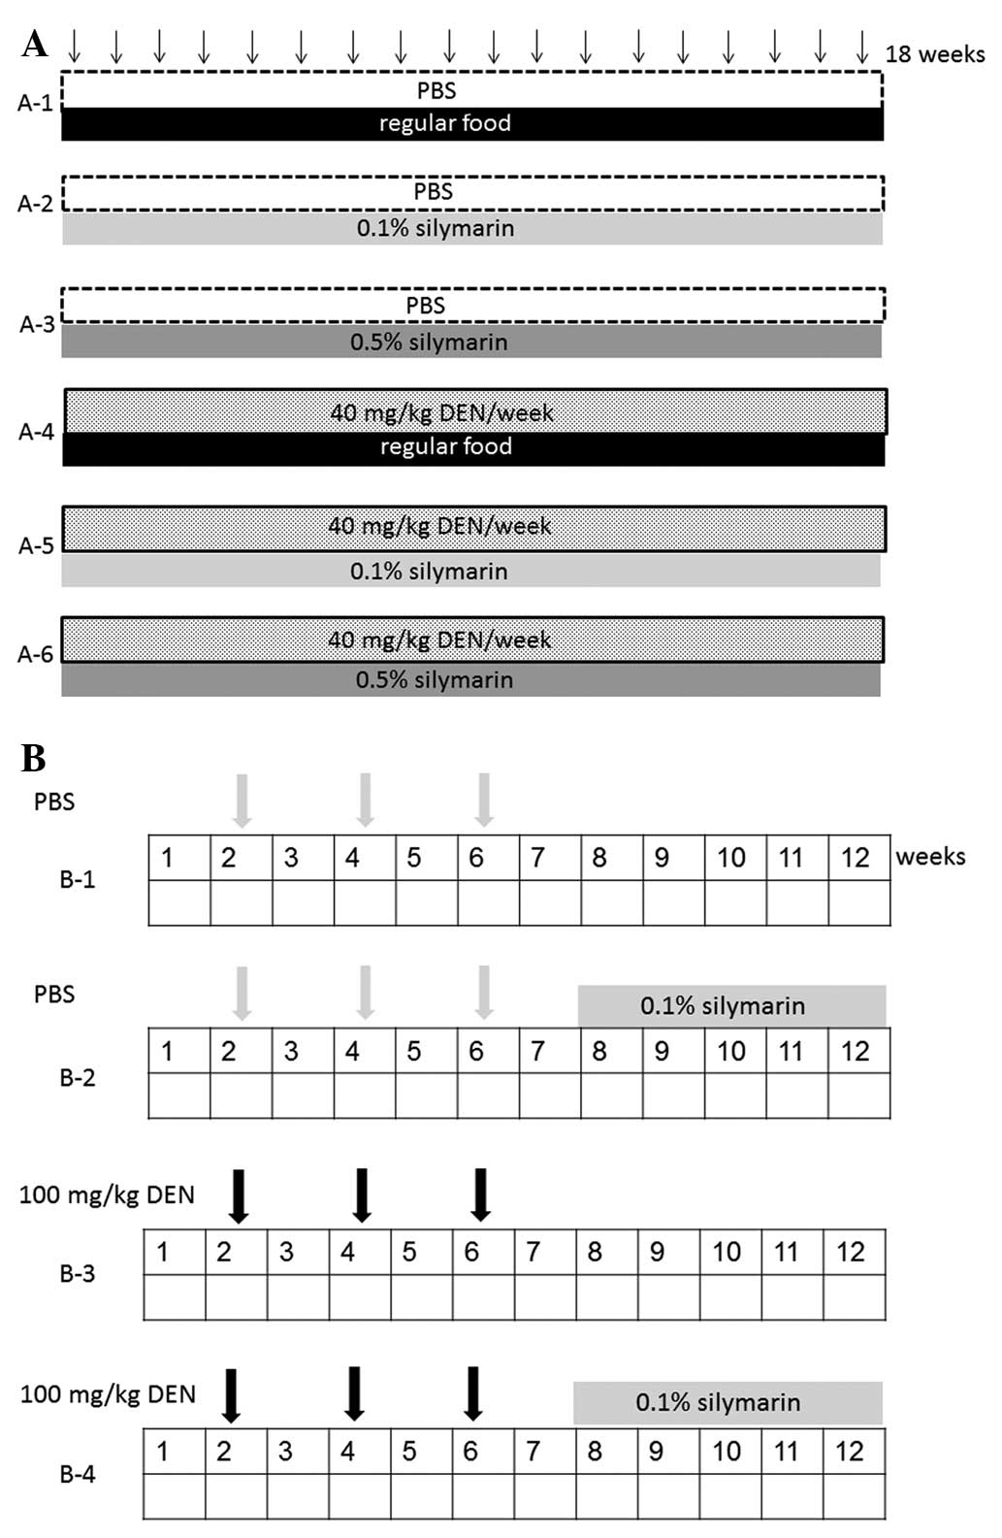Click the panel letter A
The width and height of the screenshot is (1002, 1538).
[x=34, y=44]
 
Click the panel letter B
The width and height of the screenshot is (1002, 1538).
[x=34, y=758]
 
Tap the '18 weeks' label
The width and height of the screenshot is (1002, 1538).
[x=934, y=54]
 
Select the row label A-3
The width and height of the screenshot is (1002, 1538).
[x=37, y=324]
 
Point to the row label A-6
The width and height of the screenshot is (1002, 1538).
[x=36, y=654]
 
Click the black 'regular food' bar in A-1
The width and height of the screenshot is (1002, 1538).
[x=472, y=124]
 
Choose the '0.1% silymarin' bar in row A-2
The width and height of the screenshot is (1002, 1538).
[x=472, y=229]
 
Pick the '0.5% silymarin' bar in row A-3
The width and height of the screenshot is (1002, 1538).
[x=471, y=342]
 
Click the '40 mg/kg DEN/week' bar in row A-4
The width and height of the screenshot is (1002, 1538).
[x=475, y=412]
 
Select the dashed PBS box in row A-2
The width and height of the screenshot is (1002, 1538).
[x=472, y=193]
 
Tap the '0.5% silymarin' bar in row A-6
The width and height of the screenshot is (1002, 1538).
[x=471, y=679]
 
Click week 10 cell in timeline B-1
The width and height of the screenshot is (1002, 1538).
[x=731, y=858]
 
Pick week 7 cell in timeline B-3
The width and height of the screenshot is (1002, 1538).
[x=533, y=1253]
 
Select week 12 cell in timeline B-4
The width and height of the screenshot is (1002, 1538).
[x=850, y=1452]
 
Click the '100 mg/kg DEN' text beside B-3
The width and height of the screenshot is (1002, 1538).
[x=107, y=1194]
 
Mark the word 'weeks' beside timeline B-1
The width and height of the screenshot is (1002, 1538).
[x=930, y=857]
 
